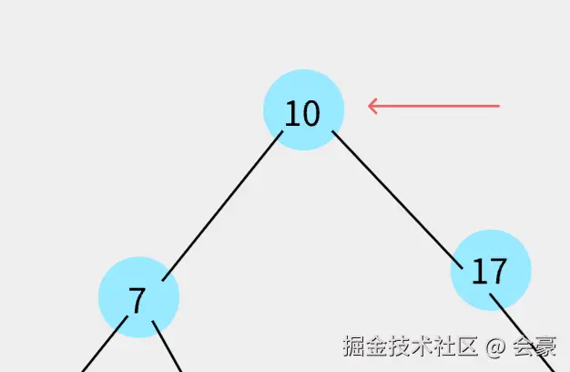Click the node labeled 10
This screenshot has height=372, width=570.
point(303,109)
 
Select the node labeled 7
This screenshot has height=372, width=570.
point(138,297)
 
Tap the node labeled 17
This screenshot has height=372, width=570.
point(491,270)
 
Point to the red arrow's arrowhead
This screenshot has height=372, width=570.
point(372,106)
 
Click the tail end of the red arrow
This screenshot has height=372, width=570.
point(497,106)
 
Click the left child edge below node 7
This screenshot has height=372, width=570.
point(102,349)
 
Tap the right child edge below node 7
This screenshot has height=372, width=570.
point(168,348)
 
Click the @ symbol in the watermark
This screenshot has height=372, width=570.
point(494,346)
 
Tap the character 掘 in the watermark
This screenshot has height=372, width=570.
point(354,346)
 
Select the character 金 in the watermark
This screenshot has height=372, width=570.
point(377,346)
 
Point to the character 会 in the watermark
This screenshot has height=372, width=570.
point(523,346)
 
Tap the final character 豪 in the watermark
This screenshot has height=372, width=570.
point(545,346)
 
